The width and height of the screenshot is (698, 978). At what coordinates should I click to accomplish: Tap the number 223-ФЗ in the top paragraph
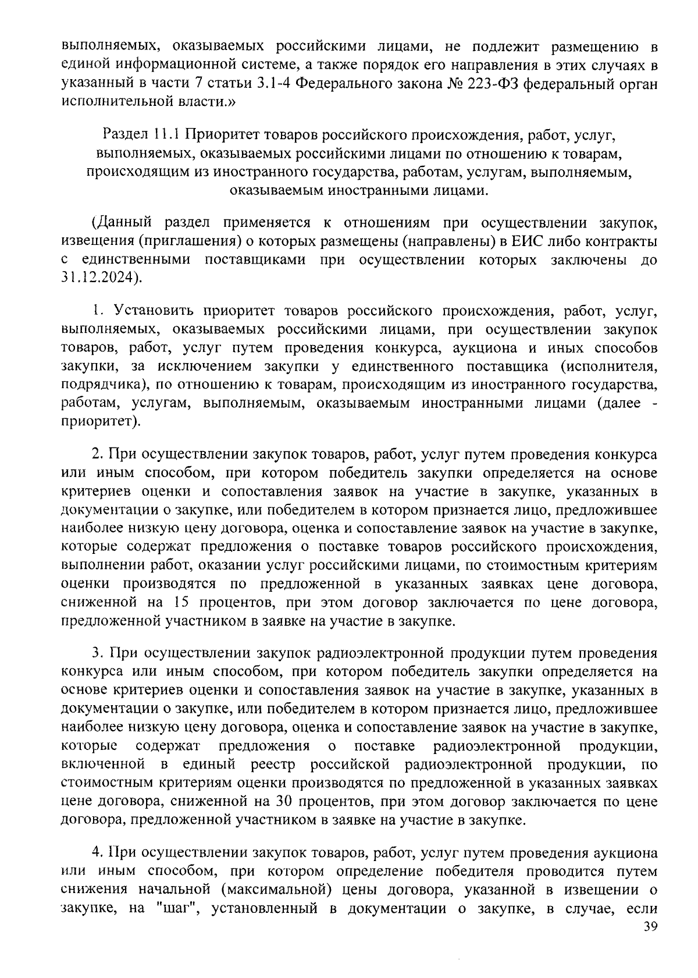coord(492,83)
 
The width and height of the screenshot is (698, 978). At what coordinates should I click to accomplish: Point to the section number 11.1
coord(167,136)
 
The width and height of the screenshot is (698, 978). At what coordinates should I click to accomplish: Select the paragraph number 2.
coord(97,454)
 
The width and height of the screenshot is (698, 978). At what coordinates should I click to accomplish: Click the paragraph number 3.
coord(97,653)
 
